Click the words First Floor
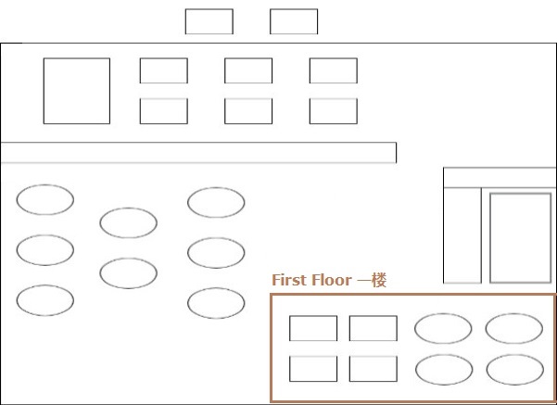point(311,280)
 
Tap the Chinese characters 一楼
point(372,280)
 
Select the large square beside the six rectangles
point(77,58)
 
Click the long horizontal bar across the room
point(199,143)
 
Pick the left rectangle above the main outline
point(209,9)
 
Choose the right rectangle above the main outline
point(294,9)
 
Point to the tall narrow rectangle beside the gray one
point(444,235)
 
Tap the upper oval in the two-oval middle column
point(128,209)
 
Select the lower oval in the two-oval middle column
point(128,259)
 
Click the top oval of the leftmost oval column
point(45,185)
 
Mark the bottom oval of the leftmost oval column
point(45,285)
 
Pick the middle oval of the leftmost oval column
point(45,235)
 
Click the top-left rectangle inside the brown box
point(313,316)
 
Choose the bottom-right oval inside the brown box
point(514,355)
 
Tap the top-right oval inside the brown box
point(514,314)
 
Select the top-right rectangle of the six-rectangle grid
point(334,58)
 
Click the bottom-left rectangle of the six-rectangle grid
point(164,99)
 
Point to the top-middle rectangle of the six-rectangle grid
point(248,58)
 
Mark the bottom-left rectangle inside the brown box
point(313,357)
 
